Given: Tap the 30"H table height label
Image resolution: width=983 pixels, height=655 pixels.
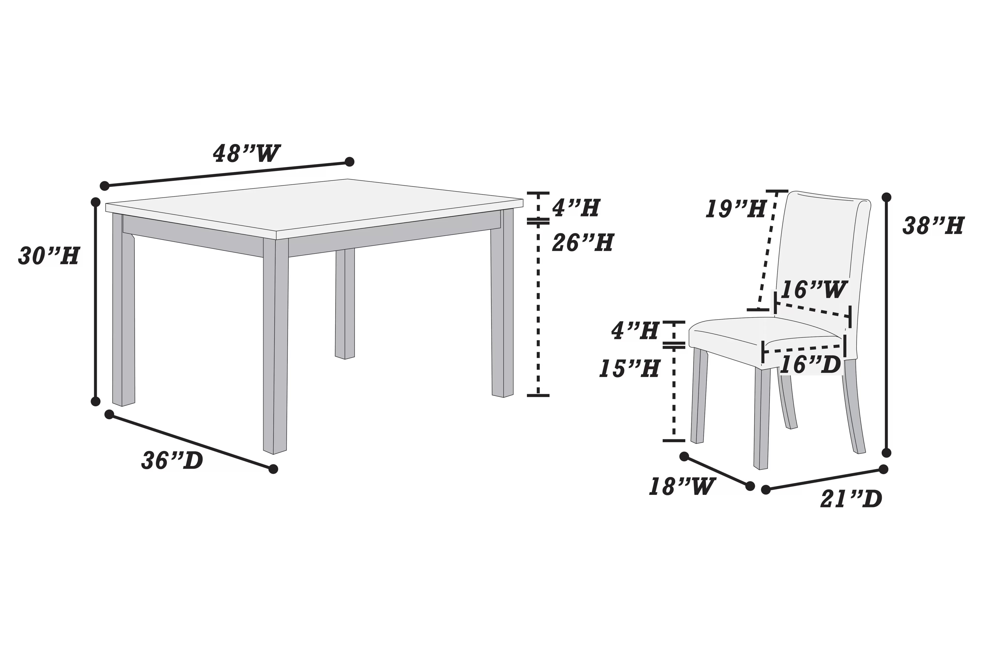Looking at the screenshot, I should (x=49, y=256).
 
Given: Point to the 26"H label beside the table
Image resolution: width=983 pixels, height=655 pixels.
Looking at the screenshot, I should (x=583, y=243).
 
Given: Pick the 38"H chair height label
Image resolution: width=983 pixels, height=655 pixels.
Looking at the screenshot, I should (x=933, y=226).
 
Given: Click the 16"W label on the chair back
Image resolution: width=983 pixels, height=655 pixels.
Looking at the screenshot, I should (x=814, y=290).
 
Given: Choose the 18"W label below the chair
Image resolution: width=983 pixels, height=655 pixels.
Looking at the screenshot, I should (x=682, y=487).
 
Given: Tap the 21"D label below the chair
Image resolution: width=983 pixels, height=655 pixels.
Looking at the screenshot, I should (x=851, y=499).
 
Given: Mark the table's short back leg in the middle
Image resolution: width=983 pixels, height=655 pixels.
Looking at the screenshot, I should (x=345, y=303).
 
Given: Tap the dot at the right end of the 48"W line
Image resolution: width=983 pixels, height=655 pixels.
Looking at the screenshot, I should (x=349, y=162).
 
